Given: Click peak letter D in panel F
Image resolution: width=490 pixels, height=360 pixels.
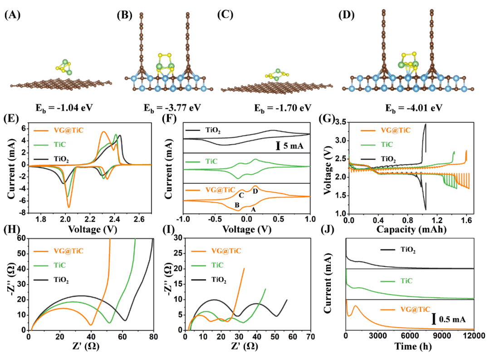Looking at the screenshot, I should [x=255, y=192].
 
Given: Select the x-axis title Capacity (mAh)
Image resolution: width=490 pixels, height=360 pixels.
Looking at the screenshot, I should [x=409, y=230].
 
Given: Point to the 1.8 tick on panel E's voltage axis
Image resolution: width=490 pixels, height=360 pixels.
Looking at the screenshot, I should [x=41, y=219].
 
